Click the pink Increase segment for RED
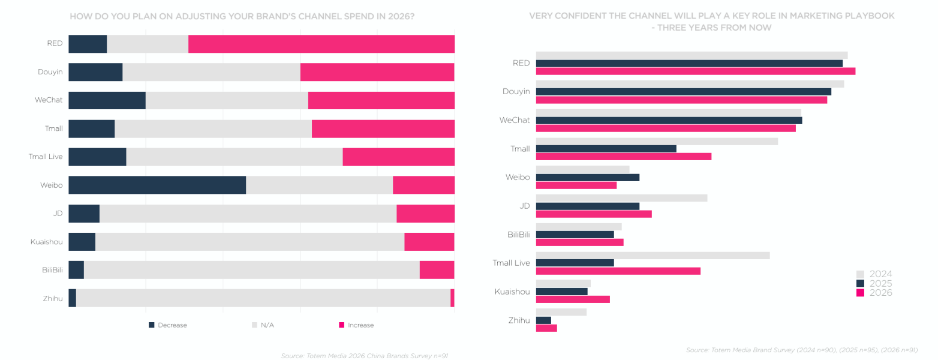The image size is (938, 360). point(321,44)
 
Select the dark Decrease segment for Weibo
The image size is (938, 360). point(157,185)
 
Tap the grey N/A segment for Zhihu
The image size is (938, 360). point(263,298)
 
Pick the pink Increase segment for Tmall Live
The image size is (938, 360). point(398,157)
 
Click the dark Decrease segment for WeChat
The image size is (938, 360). point(107,100)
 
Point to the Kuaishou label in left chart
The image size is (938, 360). point(47,242)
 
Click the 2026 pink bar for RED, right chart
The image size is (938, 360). point(695,71)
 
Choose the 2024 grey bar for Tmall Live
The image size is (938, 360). point(652,255)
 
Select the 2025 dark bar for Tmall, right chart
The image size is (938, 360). point(606,149)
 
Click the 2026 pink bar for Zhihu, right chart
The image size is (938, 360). point(546,328)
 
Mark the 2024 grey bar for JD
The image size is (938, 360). point(621,198)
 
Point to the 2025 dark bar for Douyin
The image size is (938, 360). point(683,92)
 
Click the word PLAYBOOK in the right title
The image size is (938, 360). point(868,16)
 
